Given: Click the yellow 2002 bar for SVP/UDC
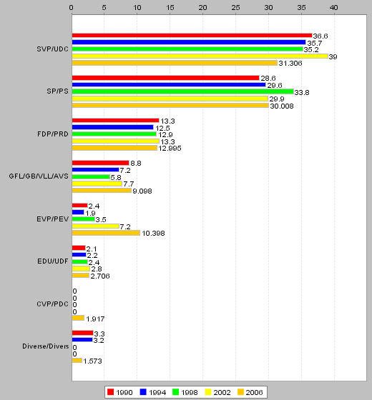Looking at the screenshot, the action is tap(200, 56).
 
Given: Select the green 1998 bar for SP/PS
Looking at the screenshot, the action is tap(183, 91).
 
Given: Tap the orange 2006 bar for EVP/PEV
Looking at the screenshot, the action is tap(106, 233).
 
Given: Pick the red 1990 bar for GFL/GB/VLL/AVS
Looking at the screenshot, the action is tap(100, 163).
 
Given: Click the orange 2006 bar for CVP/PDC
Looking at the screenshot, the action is tap(78, 318).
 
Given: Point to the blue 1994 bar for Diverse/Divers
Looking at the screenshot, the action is tap(82, 340).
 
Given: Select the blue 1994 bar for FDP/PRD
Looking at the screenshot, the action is tap(113, 127).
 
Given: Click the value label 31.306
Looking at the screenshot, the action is tap(290, 64).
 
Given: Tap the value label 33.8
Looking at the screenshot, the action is tap(302, 92).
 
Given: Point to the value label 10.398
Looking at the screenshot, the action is tap(153, 234).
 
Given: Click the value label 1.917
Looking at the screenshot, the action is tap(95, 319).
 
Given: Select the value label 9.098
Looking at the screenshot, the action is tap(142, 191).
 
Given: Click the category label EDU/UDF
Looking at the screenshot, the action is tap(53, 261).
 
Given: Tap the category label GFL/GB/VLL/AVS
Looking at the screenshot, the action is tap(39, 176).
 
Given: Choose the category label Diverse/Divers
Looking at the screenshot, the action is tap(46, 346).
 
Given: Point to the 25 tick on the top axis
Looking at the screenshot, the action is tap(235, 8).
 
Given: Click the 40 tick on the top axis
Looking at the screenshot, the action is tap(334, 8).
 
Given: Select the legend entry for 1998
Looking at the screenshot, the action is tap(185, 392).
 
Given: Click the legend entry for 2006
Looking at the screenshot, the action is tap(250, 392).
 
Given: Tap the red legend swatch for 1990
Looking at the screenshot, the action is tap(110, 392).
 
